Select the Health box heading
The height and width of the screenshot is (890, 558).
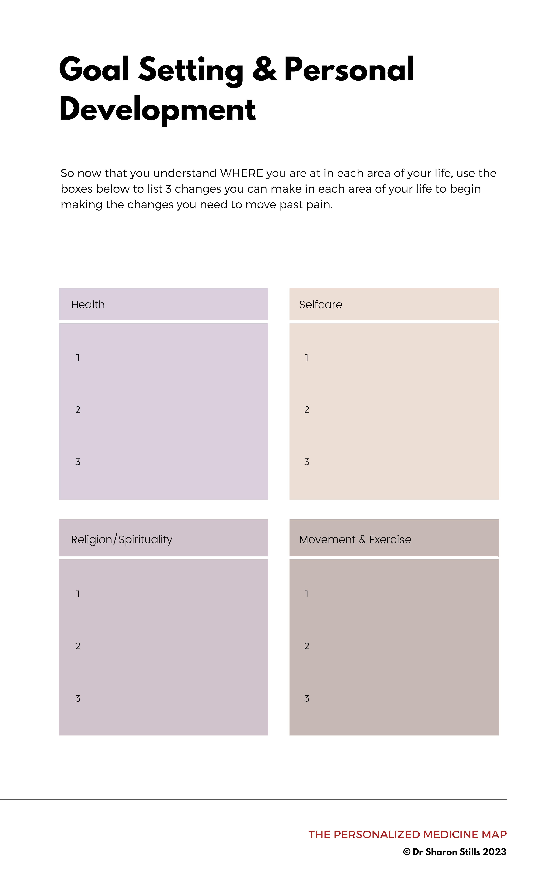tap(88, 305)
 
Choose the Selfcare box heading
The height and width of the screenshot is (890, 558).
tap(320, 305)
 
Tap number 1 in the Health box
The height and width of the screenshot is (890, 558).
tap(78, 357)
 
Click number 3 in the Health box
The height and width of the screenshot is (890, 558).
tap(78, 462)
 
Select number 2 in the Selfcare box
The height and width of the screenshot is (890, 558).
tap(307, 410)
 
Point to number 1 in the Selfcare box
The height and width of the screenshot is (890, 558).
tap(307, 357)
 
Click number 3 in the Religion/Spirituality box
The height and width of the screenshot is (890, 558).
tap(78, 698)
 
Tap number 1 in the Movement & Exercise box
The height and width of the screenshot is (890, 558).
tap(307, 594)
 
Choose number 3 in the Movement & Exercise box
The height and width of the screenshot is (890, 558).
tap(307, 698)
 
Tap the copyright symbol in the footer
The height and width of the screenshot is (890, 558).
tap(407, 852)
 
